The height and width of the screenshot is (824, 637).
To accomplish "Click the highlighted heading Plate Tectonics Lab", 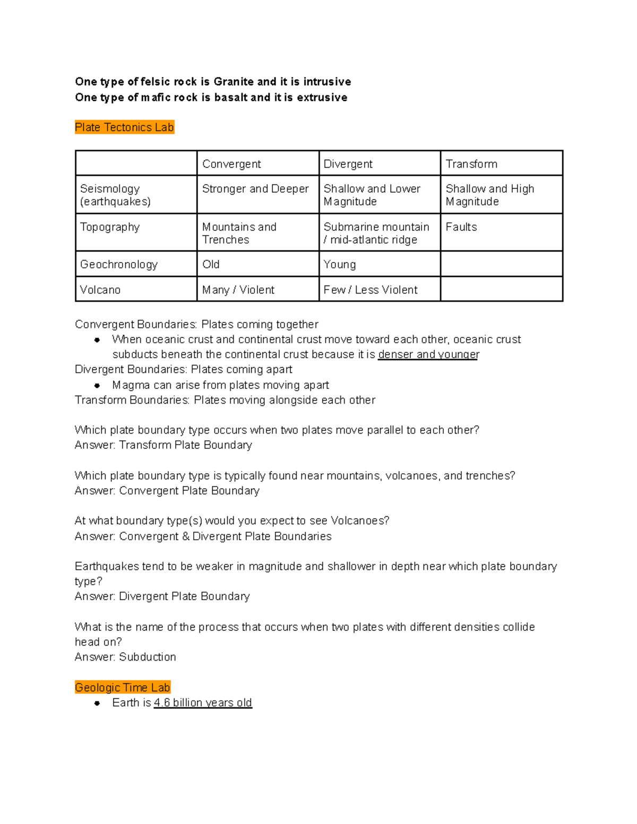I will click(x=124, y=127).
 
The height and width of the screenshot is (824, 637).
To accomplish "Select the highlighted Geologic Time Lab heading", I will click(x=122, y=688).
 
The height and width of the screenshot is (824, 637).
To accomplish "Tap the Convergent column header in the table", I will click(x=231, y=164).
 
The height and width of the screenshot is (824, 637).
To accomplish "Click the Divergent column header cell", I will click(x=348, y=164).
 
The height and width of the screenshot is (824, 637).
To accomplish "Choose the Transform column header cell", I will click(x=471, y=164).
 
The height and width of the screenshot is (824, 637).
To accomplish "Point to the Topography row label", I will click(x=110, y=227).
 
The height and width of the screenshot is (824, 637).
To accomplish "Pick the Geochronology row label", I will click(x=119, y=264).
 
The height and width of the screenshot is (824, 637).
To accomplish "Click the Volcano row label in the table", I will click(x=100, y=290).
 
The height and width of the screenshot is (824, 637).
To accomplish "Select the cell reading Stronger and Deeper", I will click(x=255, y=189).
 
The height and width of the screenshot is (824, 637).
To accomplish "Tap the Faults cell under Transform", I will click(x=461, y=227).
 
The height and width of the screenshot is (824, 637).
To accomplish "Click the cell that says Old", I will click(x=211, y=264).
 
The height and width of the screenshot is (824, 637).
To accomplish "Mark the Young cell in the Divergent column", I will click(x=340, y=264).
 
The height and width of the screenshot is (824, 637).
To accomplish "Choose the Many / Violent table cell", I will click(x=238, y=290).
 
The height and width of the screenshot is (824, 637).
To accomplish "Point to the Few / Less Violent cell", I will click(x=371, y=290).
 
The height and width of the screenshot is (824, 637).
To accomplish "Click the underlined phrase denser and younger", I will click(x=428, y=354).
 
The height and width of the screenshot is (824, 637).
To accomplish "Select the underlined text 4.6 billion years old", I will click(x=203, y=703).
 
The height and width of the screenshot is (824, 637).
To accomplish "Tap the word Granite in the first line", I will click(x=234, y=82).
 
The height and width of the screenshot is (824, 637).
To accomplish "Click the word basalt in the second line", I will click(x=231, y=98).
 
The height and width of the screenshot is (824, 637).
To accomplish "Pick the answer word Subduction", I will click(x=148, y=657).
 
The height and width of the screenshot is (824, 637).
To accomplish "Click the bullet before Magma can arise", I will click(x=97, y=386).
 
